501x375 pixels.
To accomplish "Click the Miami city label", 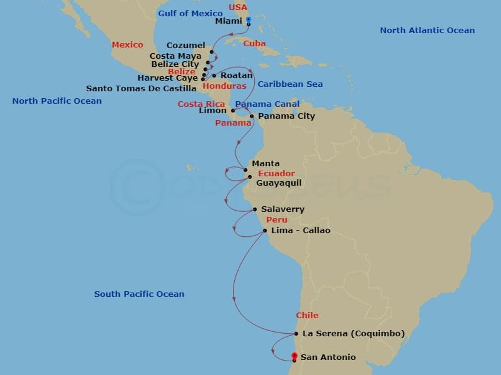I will [228, 21].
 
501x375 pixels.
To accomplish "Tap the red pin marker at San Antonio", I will [294, 356].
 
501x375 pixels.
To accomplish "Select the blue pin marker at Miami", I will [249, 21].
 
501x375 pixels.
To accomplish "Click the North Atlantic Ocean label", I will [427, 30].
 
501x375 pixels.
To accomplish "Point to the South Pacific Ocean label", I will [139, 294].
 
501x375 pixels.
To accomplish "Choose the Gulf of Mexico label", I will [190, 14].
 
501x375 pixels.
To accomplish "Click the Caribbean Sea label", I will [290, 84].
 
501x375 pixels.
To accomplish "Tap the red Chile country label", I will [307, 316].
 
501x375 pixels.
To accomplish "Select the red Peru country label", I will [277, 220].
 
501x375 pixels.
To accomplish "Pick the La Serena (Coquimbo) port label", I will [353, 333].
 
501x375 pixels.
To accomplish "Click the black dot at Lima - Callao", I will [265, 231].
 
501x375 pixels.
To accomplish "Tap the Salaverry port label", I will [282, 209].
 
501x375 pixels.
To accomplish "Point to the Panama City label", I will [286, 116].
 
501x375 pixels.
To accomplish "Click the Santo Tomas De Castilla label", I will [141, 88].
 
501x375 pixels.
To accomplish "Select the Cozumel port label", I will [186, 46].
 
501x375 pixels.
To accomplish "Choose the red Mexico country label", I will [127, 45].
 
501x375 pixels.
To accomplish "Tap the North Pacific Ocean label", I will [56, 101].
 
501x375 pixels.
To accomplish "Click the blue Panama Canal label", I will [267, 104].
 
